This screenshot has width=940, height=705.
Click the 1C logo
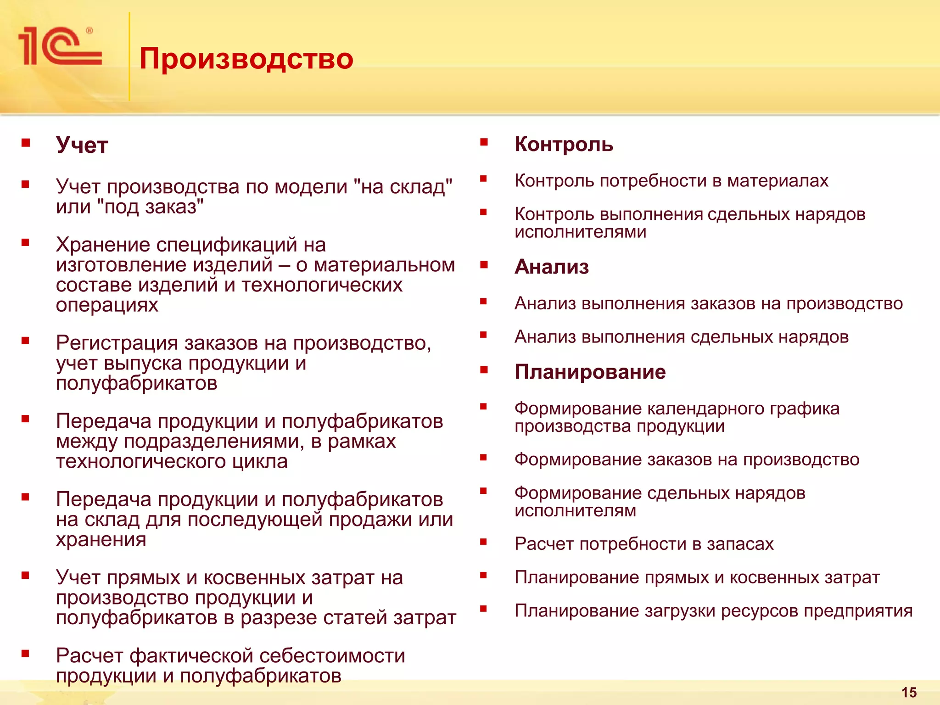coord(60,46)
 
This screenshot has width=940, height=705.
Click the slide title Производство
coord(246,59)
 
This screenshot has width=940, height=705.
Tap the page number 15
coord(909,692)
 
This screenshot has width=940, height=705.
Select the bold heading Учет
coord(82,145)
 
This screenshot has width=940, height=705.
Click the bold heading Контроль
coord(564,144)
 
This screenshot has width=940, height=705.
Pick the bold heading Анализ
coord(552,267)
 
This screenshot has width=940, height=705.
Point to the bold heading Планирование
coord(590,372)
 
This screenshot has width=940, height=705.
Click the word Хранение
coord(103,245)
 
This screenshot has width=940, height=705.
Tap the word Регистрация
coord(117,343)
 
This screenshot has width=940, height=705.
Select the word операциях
coord(107,305)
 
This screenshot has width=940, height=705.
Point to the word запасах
coord(740,544)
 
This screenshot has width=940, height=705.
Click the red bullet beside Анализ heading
coord(483,265)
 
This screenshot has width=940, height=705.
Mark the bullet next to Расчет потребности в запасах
coord(483,542)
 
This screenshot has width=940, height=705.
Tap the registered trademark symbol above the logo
coord(90,31)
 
